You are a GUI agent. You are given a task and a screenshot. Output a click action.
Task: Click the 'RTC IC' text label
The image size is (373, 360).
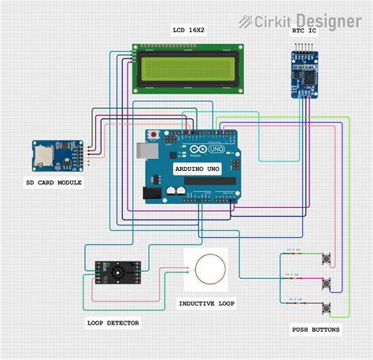304,32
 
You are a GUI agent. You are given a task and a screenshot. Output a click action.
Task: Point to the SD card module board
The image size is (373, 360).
57,156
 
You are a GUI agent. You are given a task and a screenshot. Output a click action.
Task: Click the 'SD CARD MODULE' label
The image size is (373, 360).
54,183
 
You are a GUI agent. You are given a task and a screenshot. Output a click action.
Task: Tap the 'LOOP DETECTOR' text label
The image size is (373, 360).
113,323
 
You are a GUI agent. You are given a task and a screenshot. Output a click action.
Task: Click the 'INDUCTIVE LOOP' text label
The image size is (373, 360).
206,303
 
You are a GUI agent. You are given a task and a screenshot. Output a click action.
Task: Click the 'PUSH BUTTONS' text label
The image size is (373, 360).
316,330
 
